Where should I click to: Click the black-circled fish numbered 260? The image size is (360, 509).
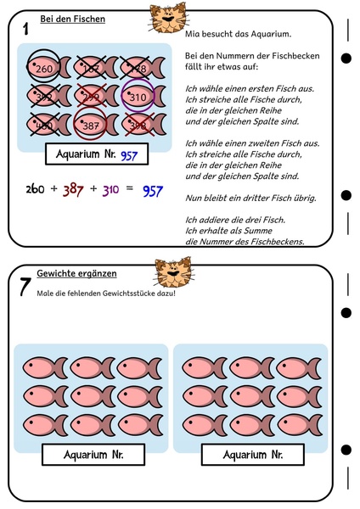pos(44,68)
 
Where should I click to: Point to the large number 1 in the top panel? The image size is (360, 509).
pos(27,30)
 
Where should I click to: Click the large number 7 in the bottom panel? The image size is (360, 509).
pos(25,286)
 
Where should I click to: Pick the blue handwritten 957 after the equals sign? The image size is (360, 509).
pos(152,191)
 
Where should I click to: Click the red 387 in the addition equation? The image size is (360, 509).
pos(73,191)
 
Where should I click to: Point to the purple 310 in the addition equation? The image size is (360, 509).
pos(110,191)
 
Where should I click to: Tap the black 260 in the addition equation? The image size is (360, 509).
pos(36,190)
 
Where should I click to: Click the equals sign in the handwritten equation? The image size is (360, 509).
pos(130,191)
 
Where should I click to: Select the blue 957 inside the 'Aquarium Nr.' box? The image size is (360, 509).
pos(129,156)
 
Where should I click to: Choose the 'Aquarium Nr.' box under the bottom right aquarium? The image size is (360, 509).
pos(251,455)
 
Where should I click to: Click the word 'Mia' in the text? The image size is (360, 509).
pos(194,35)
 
